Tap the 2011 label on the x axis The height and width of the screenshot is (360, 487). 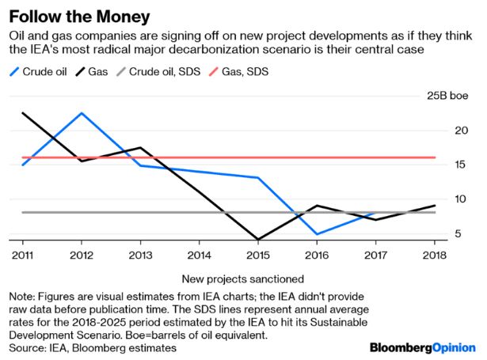[22, 255]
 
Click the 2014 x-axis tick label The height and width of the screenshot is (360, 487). [200, 255]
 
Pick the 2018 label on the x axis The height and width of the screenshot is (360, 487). [434, 255]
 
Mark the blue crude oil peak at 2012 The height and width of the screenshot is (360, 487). [82, 113]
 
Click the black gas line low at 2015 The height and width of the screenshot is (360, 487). [258, 239]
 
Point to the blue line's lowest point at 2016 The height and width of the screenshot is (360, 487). [317, 234]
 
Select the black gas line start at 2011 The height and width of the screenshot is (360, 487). [22, 113]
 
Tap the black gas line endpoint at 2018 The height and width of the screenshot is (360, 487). [434, 206]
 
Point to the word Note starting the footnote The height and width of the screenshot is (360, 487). [22, 296]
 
